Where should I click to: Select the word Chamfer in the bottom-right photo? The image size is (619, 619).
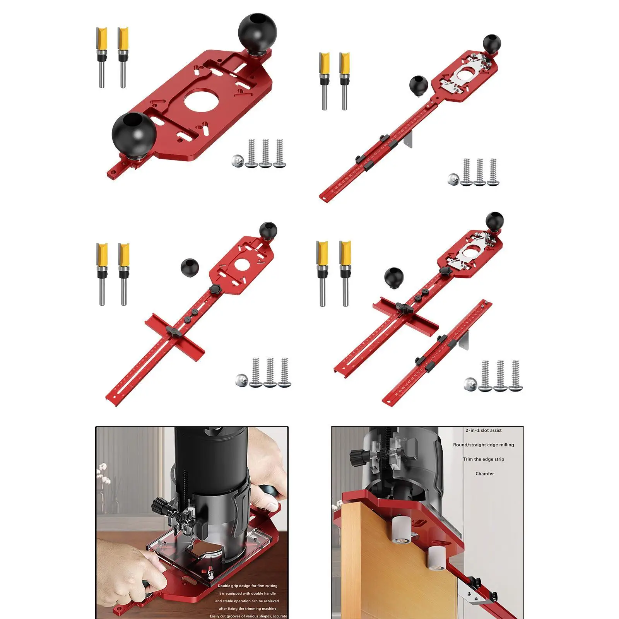click(484, 474)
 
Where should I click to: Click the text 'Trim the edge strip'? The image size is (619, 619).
click(483, 459)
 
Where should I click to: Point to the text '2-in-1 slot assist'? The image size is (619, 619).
click(483, 430)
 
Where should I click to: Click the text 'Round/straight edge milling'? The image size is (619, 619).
click(483, 445)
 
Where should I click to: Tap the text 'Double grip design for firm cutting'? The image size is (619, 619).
click(247, 586)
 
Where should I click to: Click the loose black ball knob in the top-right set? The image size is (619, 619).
click(419, 84)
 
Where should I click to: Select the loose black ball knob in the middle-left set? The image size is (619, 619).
click(190, 267)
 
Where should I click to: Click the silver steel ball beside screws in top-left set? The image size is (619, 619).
click(238, 161)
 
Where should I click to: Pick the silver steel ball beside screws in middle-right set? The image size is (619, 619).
click(470, 383)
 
